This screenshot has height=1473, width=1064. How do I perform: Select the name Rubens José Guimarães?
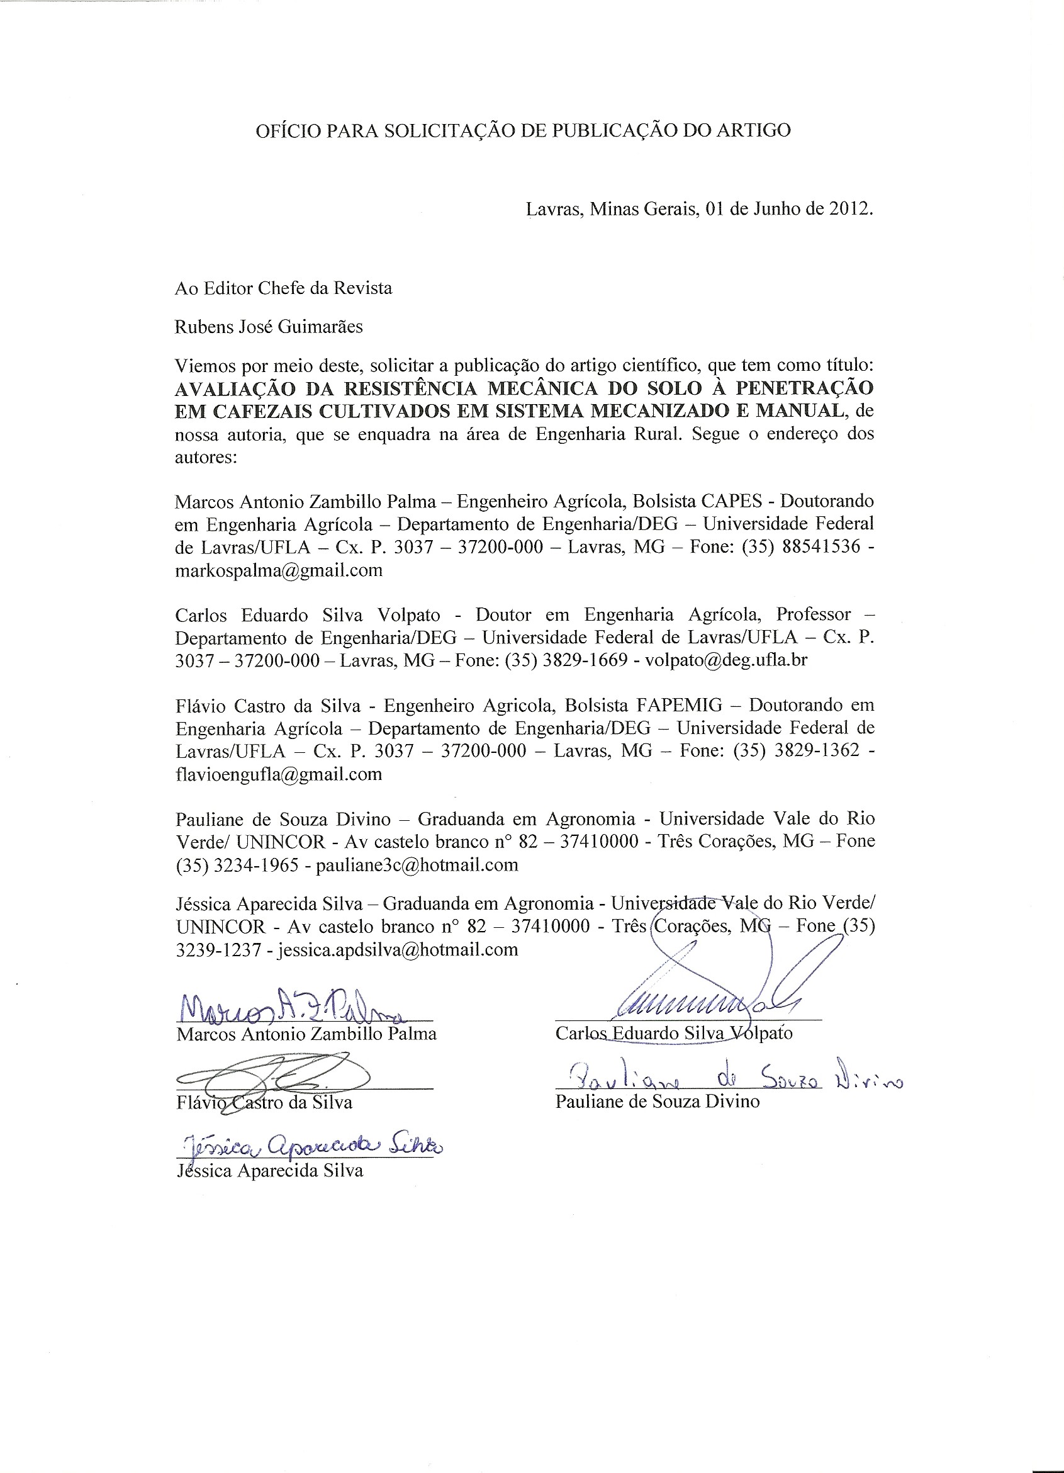click(268, 327)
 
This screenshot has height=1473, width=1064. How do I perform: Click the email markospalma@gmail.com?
click(279, 570)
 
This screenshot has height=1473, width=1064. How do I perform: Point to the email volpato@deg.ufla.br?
click(727, 660)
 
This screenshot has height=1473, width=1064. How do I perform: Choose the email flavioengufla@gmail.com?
click(279, 774)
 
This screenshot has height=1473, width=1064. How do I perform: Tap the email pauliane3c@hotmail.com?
click(417, 864)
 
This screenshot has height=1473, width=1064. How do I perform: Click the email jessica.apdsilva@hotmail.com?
click(398, 949)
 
